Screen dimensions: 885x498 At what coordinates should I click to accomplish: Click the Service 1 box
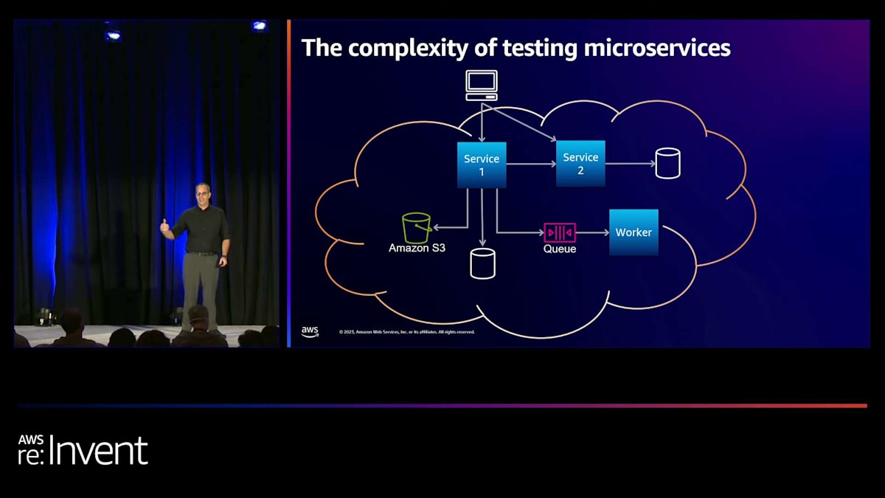point(482,165)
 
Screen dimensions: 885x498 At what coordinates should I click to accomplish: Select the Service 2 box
point(580,163)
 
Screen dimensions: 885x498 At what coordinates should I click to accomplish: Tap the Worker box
point(634,232)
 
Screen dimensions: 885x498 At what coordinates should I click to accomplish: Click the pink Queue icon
point(560,232)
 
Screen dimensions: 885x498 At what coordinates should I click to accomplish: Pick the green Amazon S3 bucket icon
point(417,228)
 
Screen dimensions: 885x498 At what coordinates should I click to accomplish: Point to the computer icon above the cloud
point(482,85)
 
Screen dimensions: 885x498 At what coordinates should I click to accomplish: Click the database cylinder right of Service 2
point(667,163)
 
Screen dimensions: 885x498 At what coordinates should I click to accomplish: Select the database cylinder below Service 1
point(482,263)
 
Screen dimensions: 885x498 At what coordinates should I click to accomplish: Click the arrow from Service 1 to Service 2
point(531,164)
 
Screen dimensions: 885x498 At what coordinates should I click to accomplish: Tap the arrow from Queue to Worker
point(592,232)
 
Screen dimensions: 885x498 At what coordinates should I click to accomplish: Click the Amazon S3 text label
point(417,249)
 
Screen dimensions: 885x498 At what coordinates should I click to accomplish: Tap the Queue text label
point(560,249)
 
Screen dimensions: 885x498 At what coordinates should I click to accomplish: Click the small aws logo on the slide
point(310,331)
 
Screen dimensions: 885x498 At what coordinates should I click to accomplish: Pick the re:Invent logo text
point(83,450)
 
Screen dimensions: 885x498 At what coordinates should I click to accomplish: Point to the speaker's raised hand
point(164,224)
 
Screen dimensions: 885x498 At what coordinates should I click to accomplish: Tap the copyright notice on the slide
point(406,332)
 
